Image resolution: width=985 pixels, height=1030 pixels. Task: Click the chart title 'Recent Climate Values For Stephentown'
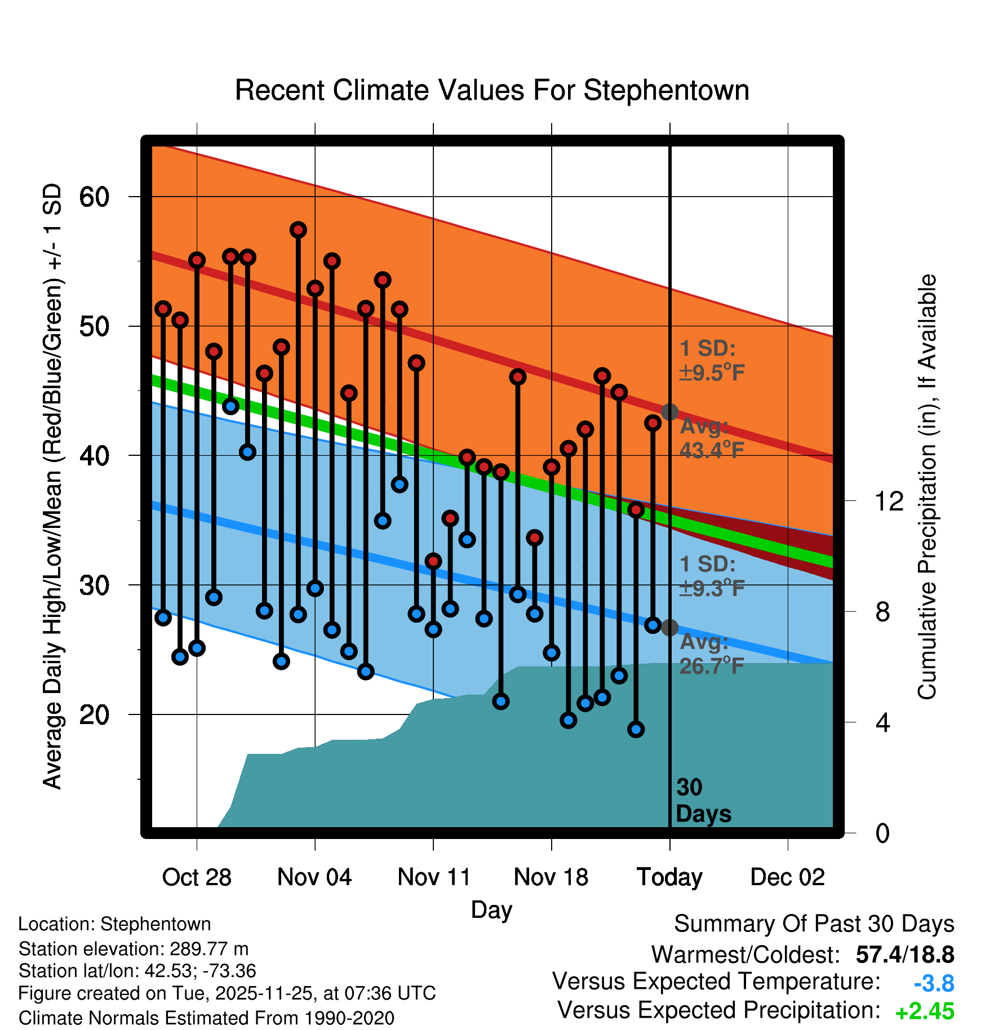point(491,90)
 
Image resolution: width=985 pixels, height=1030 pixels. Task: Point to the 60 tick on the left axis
point(94,197)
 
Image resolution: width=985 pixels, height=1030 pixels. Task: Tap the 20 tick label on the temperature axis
point(94,715)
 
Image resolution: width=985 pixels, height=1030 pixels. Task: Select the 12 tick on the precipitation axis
point(889,501)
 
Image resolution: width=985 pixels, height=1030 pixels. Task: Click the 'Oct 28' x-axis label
point(197,877)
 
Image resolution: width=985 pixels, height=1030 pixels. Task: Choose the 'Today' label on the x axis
point(669,877)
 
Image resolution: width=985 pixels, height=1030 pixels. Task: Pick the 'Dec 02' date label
point(787,877)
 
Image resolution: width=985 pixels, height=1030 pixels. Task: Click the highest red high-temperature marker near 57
point(298,230)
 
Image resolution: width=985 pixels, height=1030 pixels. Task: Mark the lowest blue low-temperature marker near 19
point(636,730)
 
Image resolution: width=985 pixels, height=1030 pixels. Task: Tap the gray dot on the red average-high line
point(669,412)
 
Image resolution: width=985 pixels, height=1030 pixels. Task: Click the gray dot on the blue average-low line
point(669,628)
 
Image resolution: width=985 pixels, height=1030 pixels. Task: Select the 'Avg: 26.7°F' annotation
point(711,654)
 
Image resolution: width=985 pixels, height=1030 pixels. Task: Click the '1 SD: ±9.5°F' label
point(711,361)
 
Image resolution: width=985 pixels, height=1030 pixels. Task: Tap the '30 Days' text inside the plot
point(703,801)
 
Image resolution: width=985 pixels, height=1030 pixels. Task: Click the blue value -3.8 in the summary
point(934,983)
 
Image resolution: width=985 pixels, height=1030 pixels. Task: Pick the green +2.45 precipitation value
point(924,1011)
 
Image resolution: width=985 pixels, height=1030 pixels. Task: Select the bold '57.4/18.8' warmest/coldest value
point(904,954)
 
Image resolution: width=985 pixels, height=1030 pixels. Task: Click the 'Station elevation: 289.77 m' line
point(134,949)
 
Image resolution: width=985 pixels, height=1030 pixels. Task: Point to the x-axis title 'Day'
point(491,909)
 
